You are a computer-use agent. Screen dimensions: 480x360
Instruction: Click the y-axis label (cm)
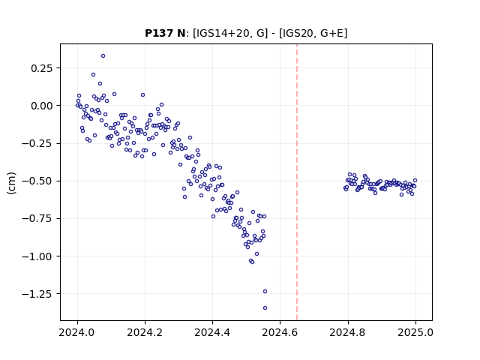pyautogui.click(x=11, y=183)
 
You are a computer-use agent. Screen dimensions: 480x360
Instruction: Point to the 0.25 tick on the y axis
pyautogui.click(x=42, y=68)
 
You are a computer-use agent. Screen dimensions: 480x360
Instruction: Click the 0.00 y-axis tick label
pyautogui.click(x=42, y=106)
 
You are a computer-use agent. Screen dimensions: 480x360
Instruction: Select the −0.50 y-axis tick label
pyautogui.click(x=37, y=181)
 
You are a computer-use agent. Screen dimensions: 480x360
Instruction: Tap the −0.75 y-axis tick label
pyautogui.click(x=37, y=218)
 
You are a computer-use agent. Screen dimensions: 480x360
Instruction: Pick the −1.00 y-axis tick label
pyautogui.click(x=37, y=256)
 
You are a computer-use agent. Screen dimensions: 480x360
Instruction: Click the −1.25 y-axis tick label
pyautogui.click(x=37, y=294)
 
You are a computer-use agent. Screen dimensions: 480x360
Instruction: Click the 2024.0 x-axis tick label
pyautogui.click(x=77, y=332)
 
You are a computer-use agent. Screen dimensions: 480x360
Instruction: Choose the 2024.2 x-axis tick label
pyautogui.click(x=145, y=332)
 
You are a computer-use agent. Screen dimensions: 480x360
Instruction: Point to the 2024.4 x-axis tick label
pyautogui.click(x=212, y=332)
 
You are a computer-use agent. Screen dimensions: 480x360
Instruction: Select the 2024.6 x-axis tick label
pyautogui.click(x=280, y=332)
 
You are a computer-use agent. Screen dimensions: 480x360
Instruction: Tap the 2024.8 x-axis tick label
pyautogui.click(x=348, y=332)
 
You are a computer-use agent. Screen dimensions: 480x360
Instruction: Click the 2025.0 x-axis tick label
pyautogui.click(x=415, y=332)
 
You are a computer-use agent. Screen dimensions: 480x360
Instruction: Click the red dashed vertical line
pyautogui.click(x=297, y=182)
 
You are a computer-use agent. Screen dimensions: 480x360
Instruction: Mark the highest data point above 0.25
pyautogui.click(x=103, y=56)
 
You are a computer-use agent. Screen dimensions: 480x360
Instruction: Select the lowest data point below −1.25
pyautogui.click(x=265, y=308)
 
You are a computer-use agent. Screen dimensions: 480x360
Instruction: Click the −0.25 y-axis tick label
pyautogui.click(x=37, y=143)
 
